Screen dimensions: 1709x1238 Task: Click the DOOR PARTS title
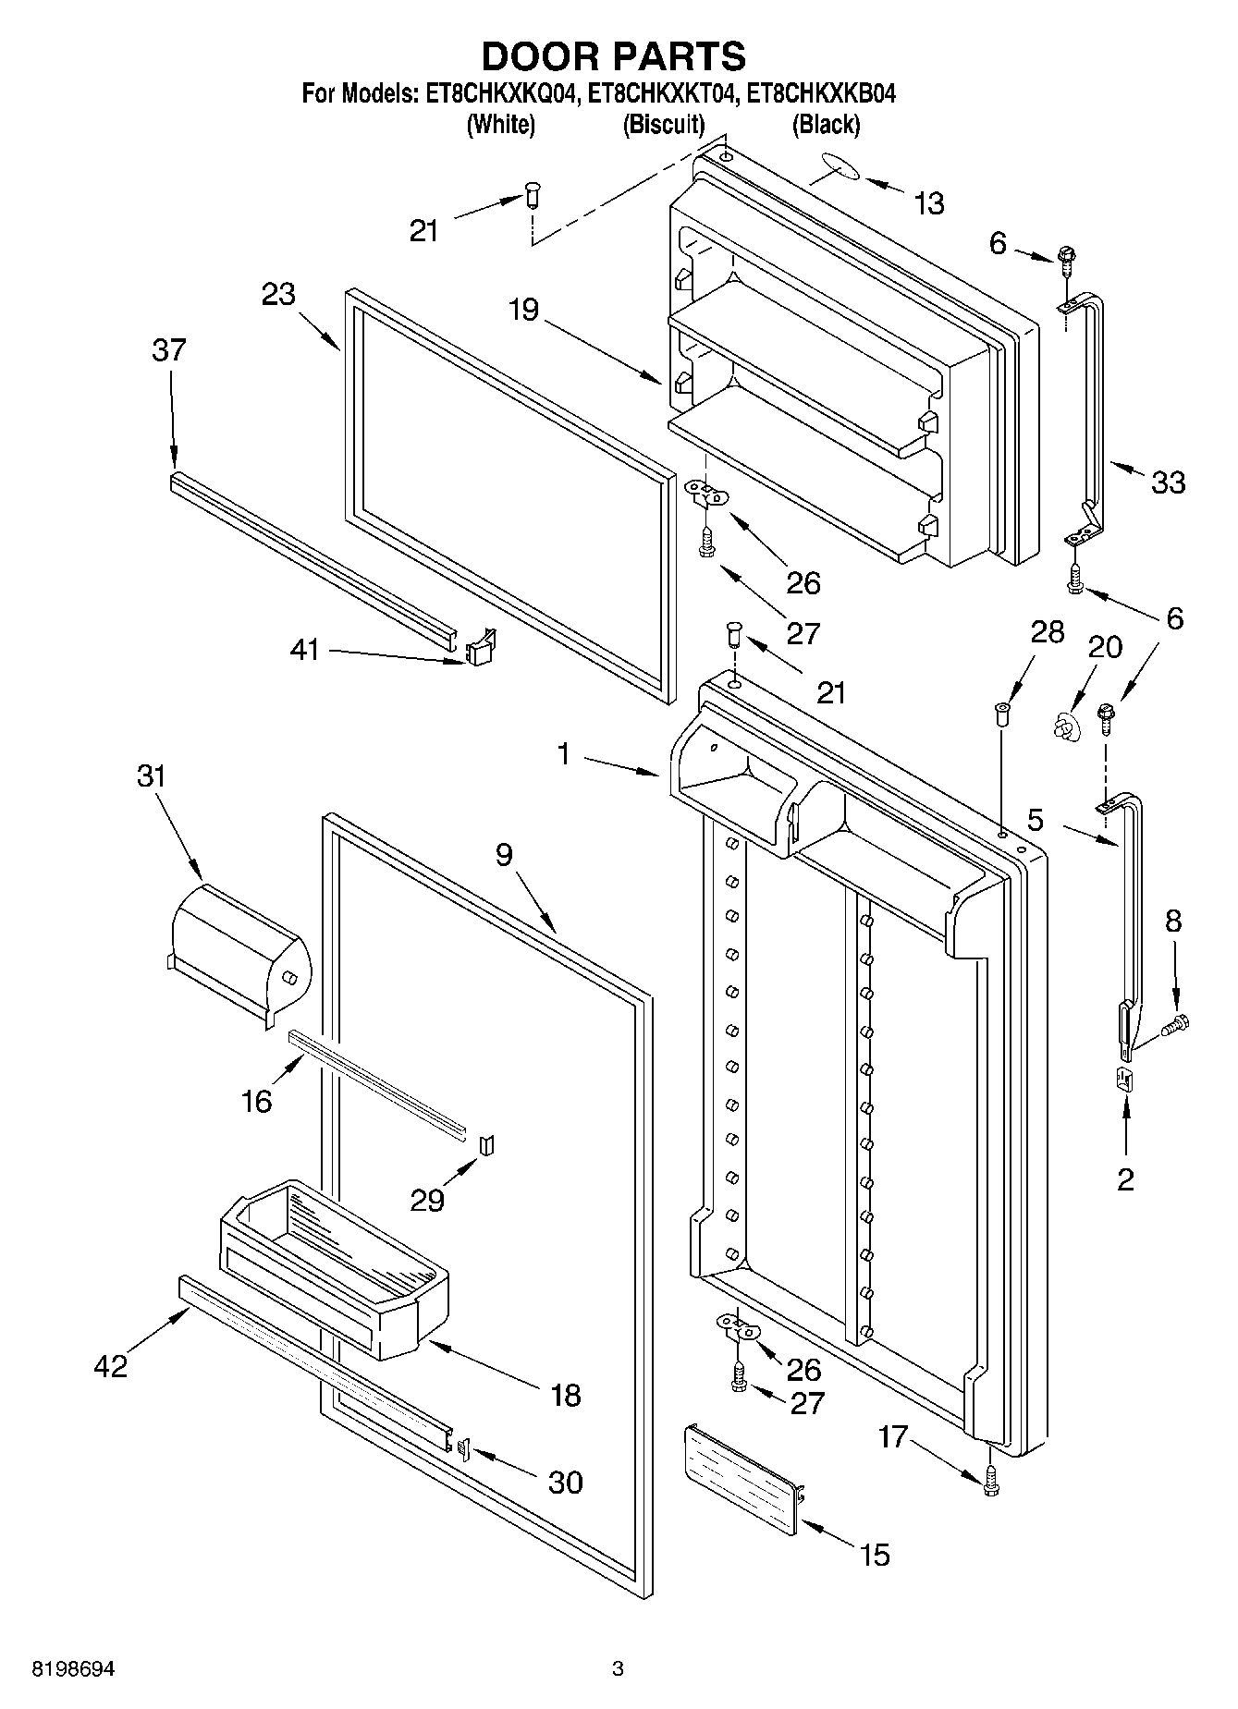(x=614, y=57)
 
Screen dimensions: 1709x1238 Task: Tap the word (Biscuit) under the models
(x=663, y=125)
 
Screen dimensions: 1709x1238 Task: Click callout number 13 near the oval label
(x=928, y=203)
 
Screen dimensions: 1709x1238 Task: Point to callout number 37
(x=169, y=351)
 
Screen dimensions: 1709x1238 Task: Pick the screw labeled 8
(x=1177, y=1023)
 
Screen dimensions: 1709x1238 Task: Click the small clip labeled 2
(x=1125, y=1080)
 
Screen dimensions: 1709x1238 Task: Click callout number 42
(x=111, y=1366)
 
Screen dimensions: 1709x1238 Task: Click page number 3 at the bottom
(x=618, y=1669)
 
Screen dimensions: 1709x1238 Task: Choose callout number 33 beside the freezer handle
(x=1169, y=482)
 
